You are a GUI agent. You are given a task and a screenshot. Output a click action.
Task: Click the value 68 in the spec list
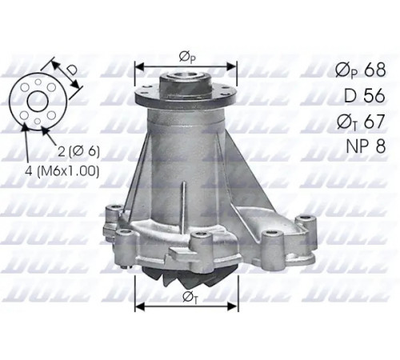pyautogui.click(x=375, y=70)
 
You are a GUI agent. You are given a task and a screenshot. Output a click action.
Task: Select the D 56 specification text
pyautogui.click(x=365, y=95)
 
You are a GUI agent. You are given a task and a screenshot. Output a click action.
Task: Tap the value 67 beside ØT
pyautogui.click(x=374, y=121)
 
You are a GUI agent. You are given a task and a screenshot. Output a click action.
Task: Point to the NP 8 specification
pyautogui.click(x=366, y=146)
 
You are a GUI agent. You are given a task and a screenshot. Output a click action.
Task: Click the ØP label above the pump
pyautogui.click(x=187, y=58)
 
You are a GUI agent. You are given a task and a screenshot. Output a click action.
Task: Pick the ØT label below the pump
pyautogui.click(x=190, y=298)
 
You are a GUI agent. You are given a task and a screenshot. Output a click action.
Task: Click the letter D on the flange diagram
pyautogui.click(x=71, y=70)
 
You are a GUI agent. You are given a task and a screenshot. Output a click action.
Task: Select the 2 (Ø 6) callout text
pyautogui.click(x=79, y=151)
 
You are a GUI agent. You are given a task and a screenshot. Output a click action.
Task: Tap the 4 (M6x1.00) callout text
pyautogui.click(x=62, y=170)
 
